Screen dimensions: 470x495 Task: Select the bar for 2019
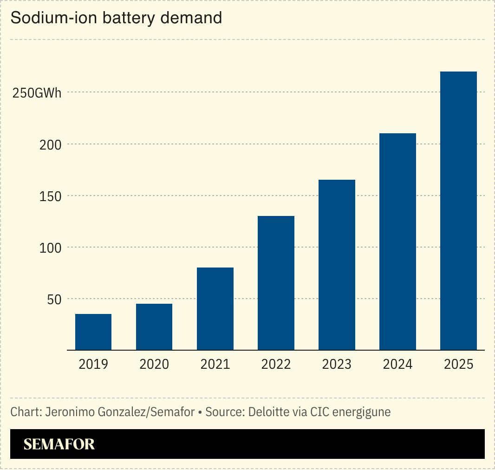93,332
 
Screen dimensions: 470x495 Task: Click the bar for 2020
154,327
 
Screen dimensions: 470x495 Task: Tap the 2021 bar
215,309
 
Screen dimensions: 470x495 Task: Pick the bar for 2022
276,283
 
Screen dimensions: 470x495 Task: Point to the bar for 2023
337,265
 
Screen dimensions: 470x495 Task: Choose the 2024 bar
397,242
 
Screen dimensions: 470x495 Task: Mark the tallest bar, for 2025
458,211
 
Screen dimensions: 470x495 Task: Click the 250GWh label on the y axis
37,93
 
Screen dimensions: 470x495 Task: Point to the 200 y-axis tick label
51,144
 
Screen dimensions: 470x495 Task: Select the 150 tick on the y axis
51,196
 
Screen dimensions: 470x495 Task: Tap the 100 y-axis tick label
51,248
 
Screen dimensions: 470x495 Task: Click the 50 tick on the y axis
54,299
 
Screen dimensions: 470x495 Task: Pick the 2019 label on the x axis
93,364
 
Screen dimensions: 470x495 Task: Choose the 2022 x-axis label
276,364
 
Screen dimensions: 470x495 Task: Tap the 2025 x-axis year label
458,364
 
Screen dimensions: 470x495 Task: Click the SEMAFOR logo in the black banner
59,444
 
